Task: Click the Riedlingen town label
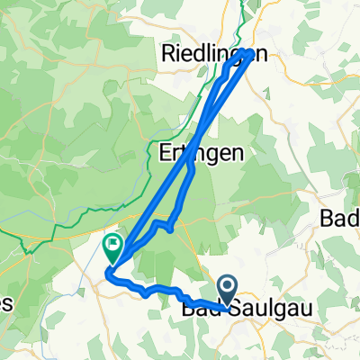coord(213,54)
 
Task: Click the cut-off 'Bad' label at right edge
coord(341,219)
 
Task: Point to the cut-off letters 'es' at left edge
coord(5,303)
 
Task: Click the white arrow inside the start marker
coord(228,289)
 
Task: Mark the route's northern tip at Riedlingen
coord(246,50)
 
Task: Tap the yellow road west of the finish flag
coord(54,239)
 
